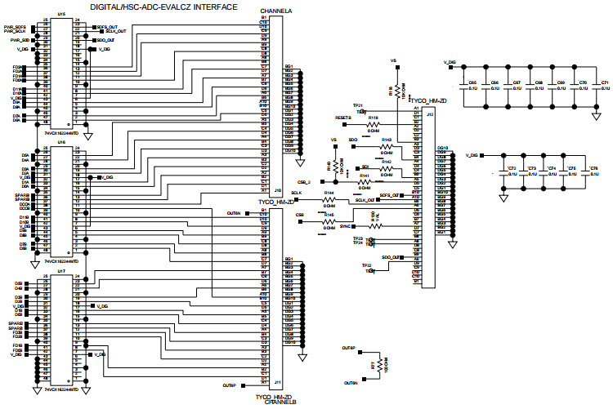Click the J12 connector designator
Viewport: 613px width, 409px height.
pos(429,114)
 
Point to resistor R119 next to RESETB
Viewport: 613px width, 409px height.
pos(374,123)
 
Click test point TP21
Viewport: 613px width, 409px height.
pos(357,105)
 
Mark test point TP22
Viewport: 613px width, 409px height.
pos(366,265)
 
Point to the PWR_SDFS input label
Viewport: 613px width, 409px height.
pos(20,26)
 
